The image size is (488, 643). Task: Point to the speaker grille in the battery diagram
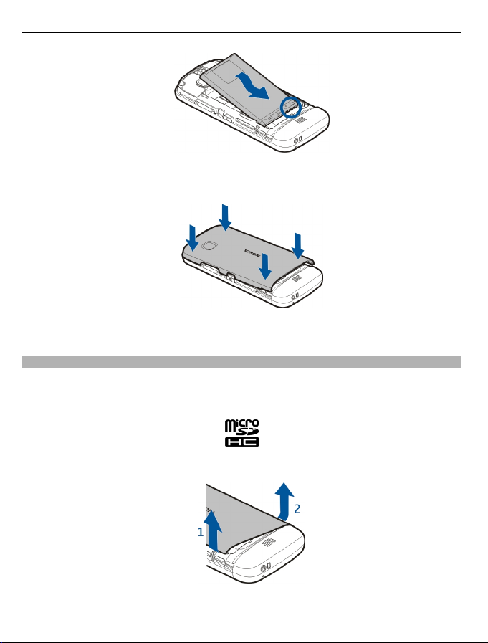[x=300, y=120]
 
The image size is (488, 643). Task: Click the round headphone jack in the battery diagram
[x=297, y=141]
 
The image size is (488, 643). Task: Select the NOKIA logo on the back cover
[x=252, y=252]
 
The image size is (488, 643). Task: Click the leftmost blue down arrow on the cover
[x=192, y=238]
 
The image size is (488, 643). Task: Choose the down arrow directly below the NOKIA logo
[x=266, y=266]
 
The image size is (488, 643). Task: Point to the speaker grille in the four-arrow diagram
[x=297, y=278]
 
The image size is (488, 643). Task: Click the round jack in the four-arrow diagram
[x=294, y=296]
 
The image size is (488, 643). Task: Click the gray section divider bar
[x=241, y=362]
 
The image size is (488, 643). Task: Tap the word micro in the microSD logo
[x=241, y=425]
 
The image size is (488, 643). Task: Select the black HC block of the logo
[x=241, y=442]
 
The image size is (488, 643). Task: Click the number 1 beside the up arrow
[x=201, y=533]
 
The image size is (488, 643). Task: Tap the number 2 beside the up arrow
[x=297, y=508]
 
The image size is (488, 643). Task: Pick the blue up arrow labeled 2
[x=284, y=500]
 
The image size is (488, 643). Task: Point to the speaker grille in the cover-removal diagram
[x=268, y=543]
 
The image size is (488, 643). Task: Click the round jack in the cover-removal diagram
[x=264, y=568]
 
